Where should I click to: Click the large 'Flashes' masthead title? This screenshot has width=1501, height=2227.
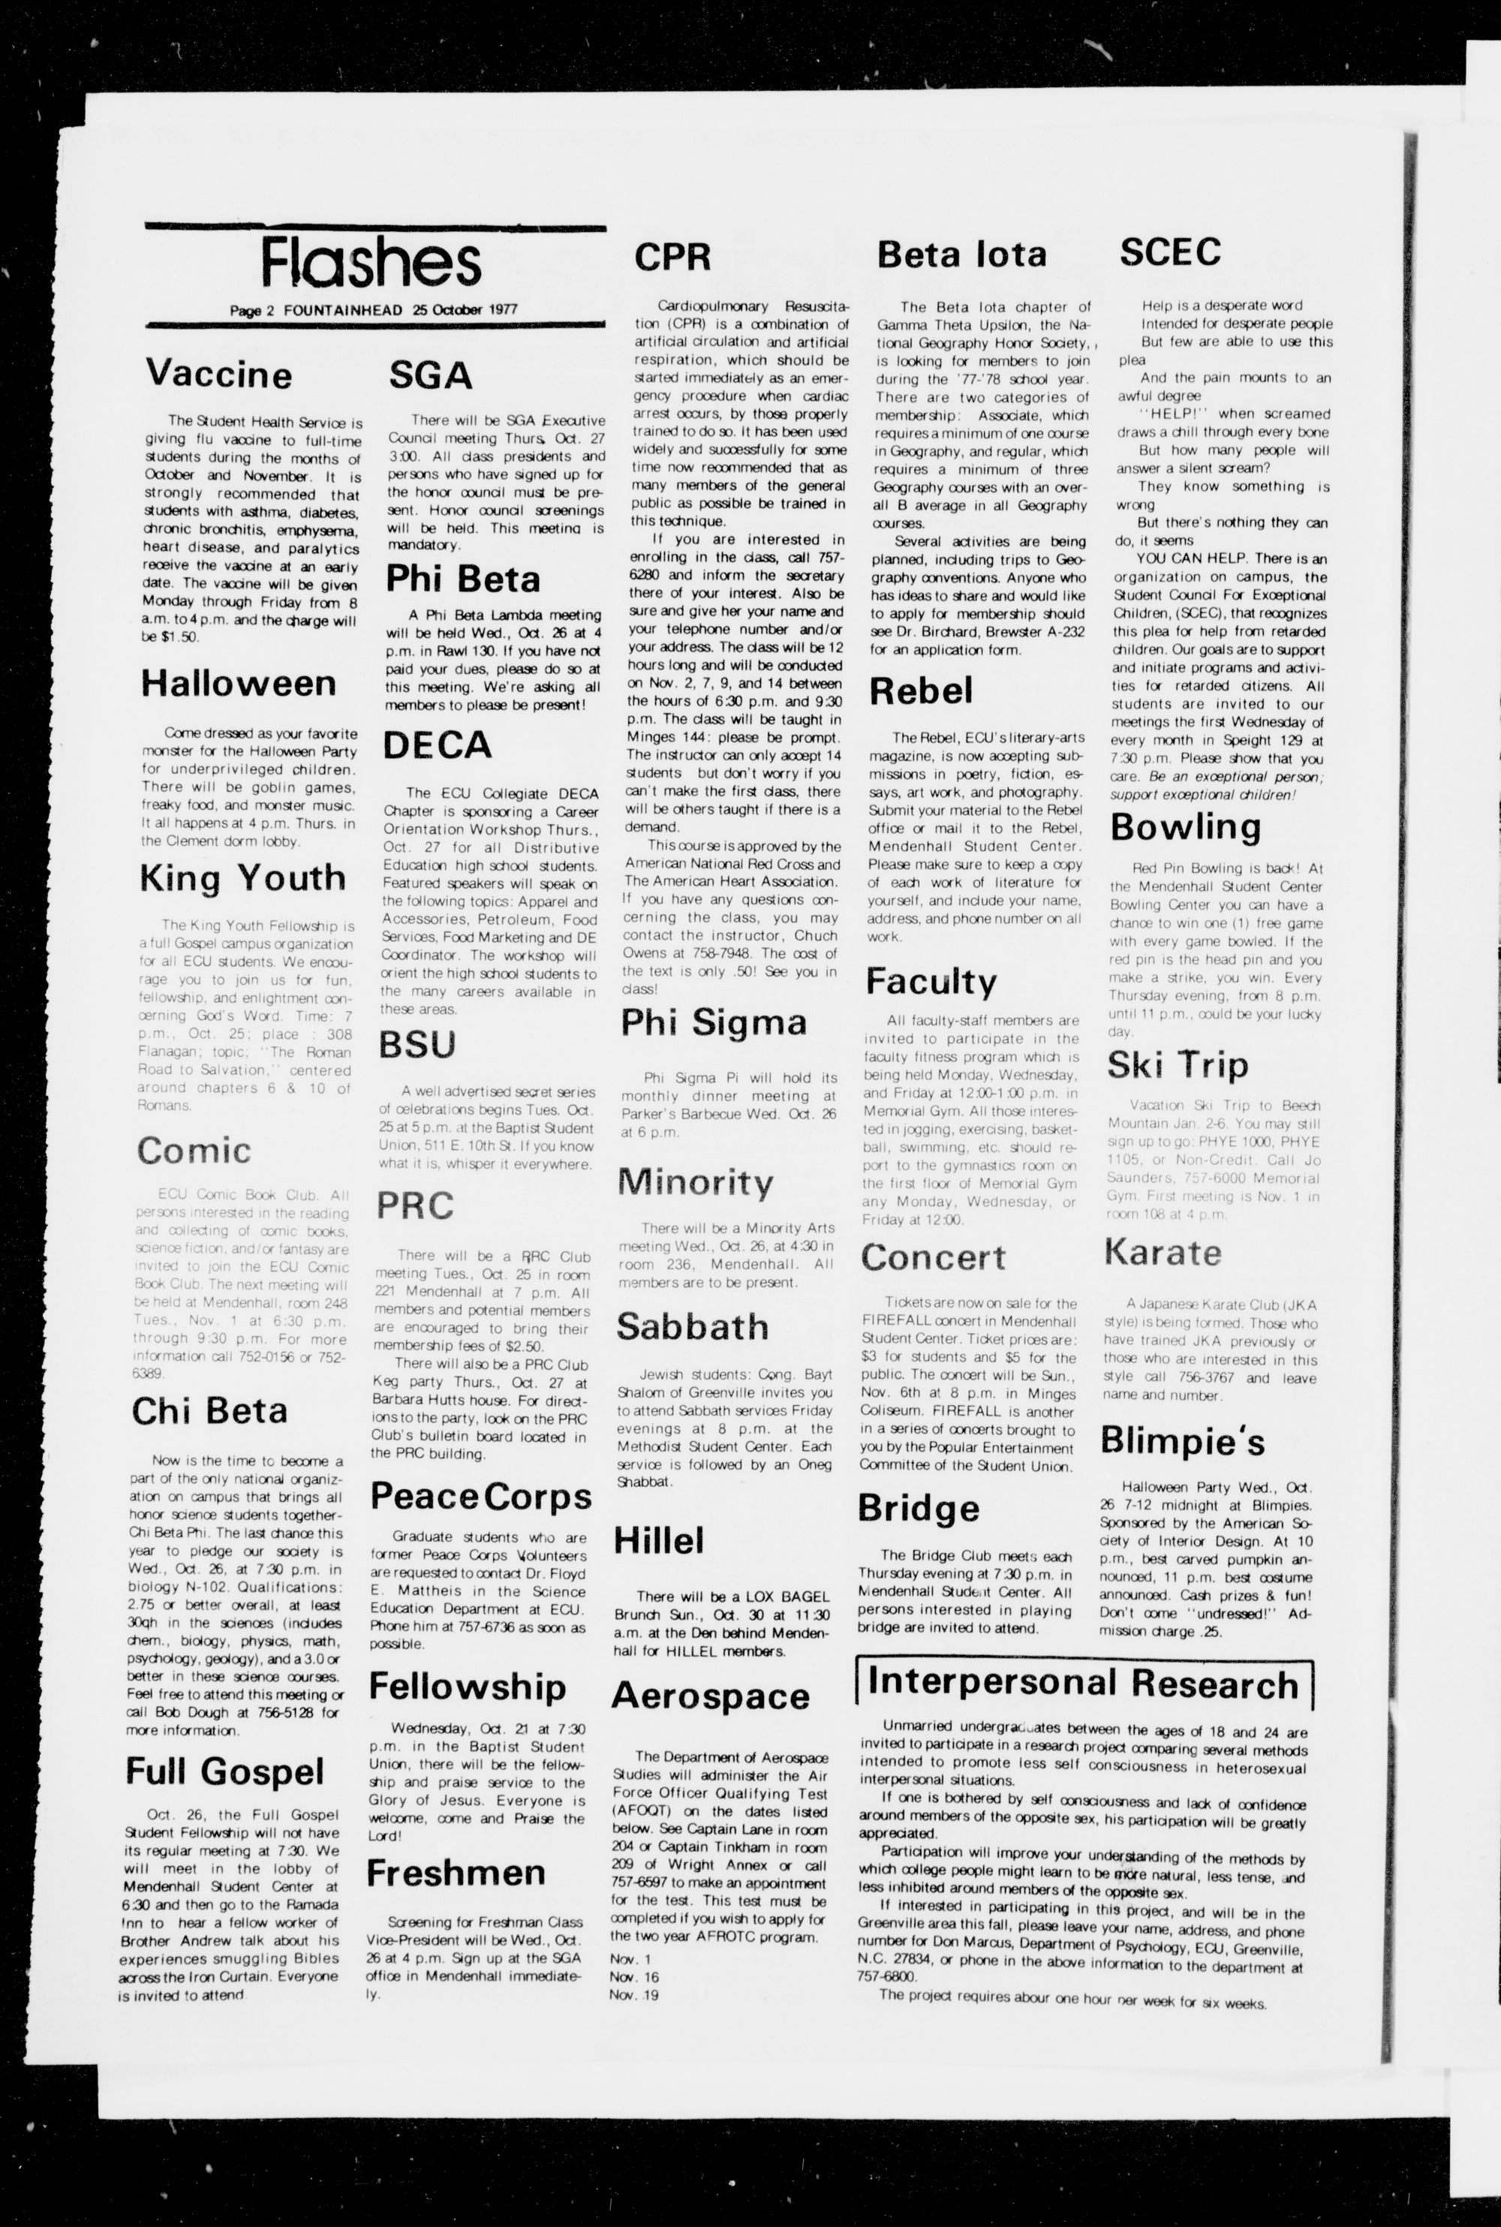(371, 263)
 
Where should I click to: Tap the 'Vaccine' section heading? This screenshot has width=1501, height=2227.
(218, 373)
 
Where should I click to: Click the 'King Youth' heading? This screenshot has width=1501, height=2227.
(242, 878)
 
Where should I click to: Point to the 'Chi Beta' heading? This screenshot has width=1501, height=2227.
(209, 1411)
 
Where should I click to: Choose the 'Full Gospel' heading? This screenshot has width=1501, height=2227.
(225, 1771)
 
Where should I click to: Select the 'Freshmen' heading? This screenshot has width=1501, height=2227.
(456, 1873)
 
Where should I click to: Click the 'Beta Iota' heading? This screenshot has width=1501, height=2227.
(961, 254)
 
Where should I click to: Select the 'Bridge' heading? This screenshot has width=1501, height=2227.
(918, 1508)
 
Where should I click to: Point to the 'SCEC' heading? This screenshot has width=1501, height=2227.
(1170, 251)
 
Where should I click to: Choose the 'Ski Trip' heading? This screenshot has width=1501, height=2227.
(1178, 1064)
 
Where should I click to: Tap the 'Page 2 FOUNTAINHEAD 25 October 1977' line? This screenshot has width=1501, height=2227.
(373, 310)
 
